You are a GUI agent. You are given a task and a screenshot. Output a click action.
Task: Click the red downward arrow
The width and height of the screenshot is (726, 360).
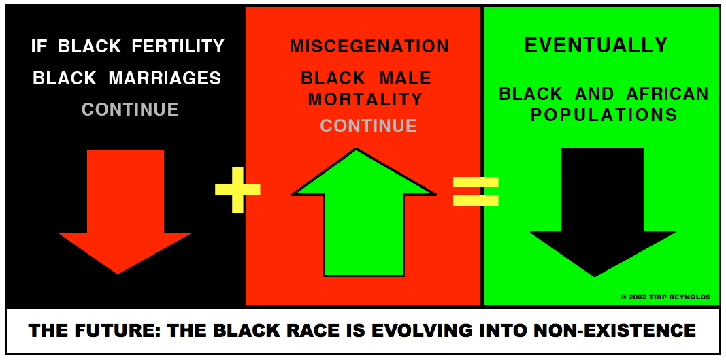(x=125, y=211)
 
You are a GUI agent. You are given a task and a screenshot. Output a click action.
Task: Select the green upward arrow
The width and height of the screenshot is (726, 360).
(x=364, y=213)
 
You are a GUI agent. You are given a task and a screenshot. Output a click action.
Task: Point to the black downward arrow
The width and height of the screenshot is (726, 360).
(x=602, y=211)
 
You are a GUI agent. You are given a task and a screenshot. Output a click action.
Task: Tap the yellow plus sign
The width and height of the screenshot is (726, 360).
(x=238, y=190)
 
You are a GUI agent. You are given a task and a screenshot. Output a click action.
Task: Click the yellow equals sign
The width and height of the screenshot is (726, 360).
(x=476, y=191)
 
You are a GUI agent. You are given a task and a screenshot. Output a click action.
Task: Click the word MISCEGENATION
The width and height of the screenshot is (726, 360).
(x=369, y=46)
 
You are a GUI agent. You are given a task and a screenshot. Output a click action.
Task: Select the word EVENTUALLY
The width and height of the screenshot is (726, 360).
(x=596, y=45)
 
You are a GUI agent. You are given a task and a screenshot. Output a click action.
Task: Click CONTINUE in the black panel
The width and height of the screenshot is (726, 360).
(x=130, y=110)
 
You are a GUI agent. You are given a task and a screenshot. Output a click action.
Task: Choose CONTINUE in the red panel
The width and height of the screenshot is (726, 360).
(x=369, y=126)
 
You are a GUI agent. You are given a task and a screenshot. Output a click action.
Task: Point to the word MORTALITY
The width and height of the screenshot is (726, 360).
(x=366, y=99)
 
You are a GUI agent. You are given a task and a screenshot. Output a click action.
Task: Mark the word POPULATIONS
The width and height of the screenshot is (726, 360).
(x=604, y=115)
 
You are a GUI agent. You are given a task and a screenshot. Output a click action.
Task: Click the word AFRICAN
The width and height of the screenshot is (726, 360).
(x=667, y=94)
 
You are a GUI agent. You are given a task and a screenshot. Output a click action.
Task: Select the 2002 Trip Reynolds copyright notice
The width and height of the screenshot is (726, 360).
(x=665, y=297)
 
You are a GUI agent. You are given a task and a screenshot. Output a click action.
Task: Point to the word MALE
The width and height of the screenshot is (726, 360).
(x=405, y=79)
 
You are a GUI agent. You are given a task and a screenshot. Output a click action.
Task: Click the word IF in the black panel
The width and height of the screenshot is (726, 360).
(x=39, y=46)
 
